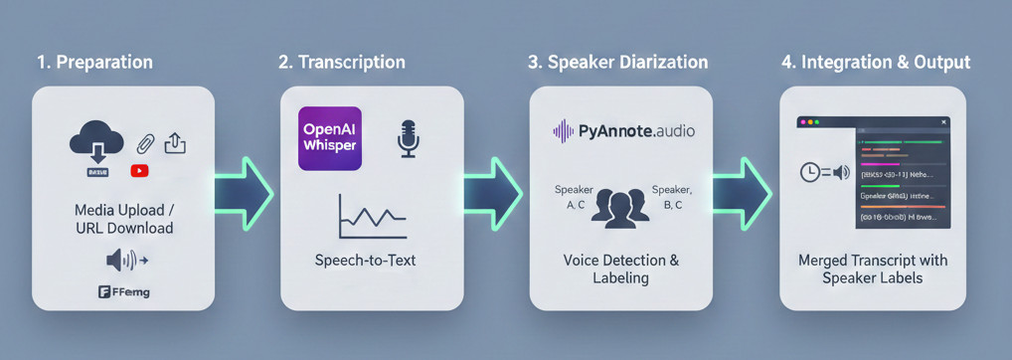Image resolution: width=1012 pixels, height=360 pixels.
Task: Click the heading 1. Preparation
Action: pyautogui.click(x=94, y=62)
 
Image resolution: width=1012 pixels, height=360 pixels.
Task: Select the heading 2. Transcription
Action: pyautogui.click(x=341, y=62)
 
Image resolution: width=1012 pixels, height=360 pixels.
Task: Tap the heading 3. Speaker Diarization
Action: pyautogui.click(x=617, y=62)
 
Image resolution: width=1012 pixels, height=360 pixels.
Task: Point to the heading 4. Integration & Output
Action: pyautogui.click(x=875, y=62)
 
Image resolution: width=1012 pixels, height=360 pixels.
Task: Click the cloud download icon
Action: pyautogui.click(x=96, y=143)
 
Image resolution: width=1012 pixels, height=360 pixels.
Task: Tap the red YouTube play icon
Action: pyautogui.click(x=139, y=171)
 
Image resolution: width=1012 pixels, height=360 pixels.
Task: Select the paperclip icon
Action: pyautogui.click(x=146, y=143)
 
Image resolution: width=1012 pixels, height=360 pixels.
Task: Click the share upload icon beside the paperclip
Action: pyautogui.click(x=174, y=142)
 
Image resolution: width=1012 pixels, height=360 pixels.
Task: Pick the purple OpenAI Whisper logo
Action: pyautogui.click(x=330, y=138)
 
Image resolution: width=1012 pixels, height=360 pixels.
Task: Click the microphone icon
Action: pyautogui.click(x=408, y=139)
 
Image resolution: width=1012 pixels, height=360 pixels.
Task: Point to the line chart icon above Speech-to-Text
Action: pyautogui.click(x=371, y=216)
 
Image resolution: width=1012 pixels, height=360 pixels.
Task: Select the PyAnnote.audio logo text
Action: pyautogui.click(x=623, y=130)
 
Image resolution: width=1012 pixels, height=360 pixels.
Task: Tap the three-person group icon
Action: pyautogui.click(x=620, y=206)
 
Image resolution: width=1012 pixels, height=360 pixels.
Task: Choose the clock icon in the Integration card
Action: pyautogui.click(x=810, y=172)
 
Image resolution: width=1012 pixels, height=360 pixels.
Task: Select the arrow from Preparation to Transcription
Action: pyautogui.click(x=245, y=192)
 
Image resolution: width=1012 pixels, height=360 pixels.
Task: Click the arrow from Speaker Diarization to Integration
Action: pyautogui.click(x=743, y=192)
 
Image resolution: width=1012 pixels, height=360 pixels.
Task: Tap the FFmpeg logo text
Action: pyautogui.click(x=124, y=292)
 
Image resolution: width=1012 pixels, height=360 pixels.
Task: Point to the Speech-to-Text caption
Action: pyautogui.click(x=365, y=261)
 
